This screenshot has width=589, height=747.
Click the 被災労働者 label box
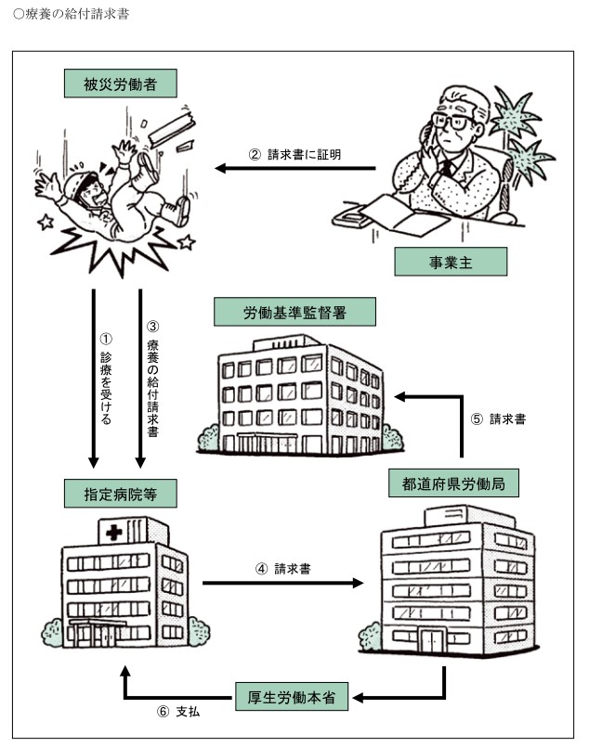click(121, 84)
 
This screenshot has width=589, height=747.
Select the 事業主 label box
click(451, 262)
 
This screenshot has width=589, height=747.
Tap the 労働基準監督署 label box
click(294, 312)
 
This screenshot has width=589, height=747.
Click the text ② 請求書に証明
click(295, 155)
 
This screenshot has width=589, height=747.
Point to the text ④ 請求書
click(282, 568)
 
